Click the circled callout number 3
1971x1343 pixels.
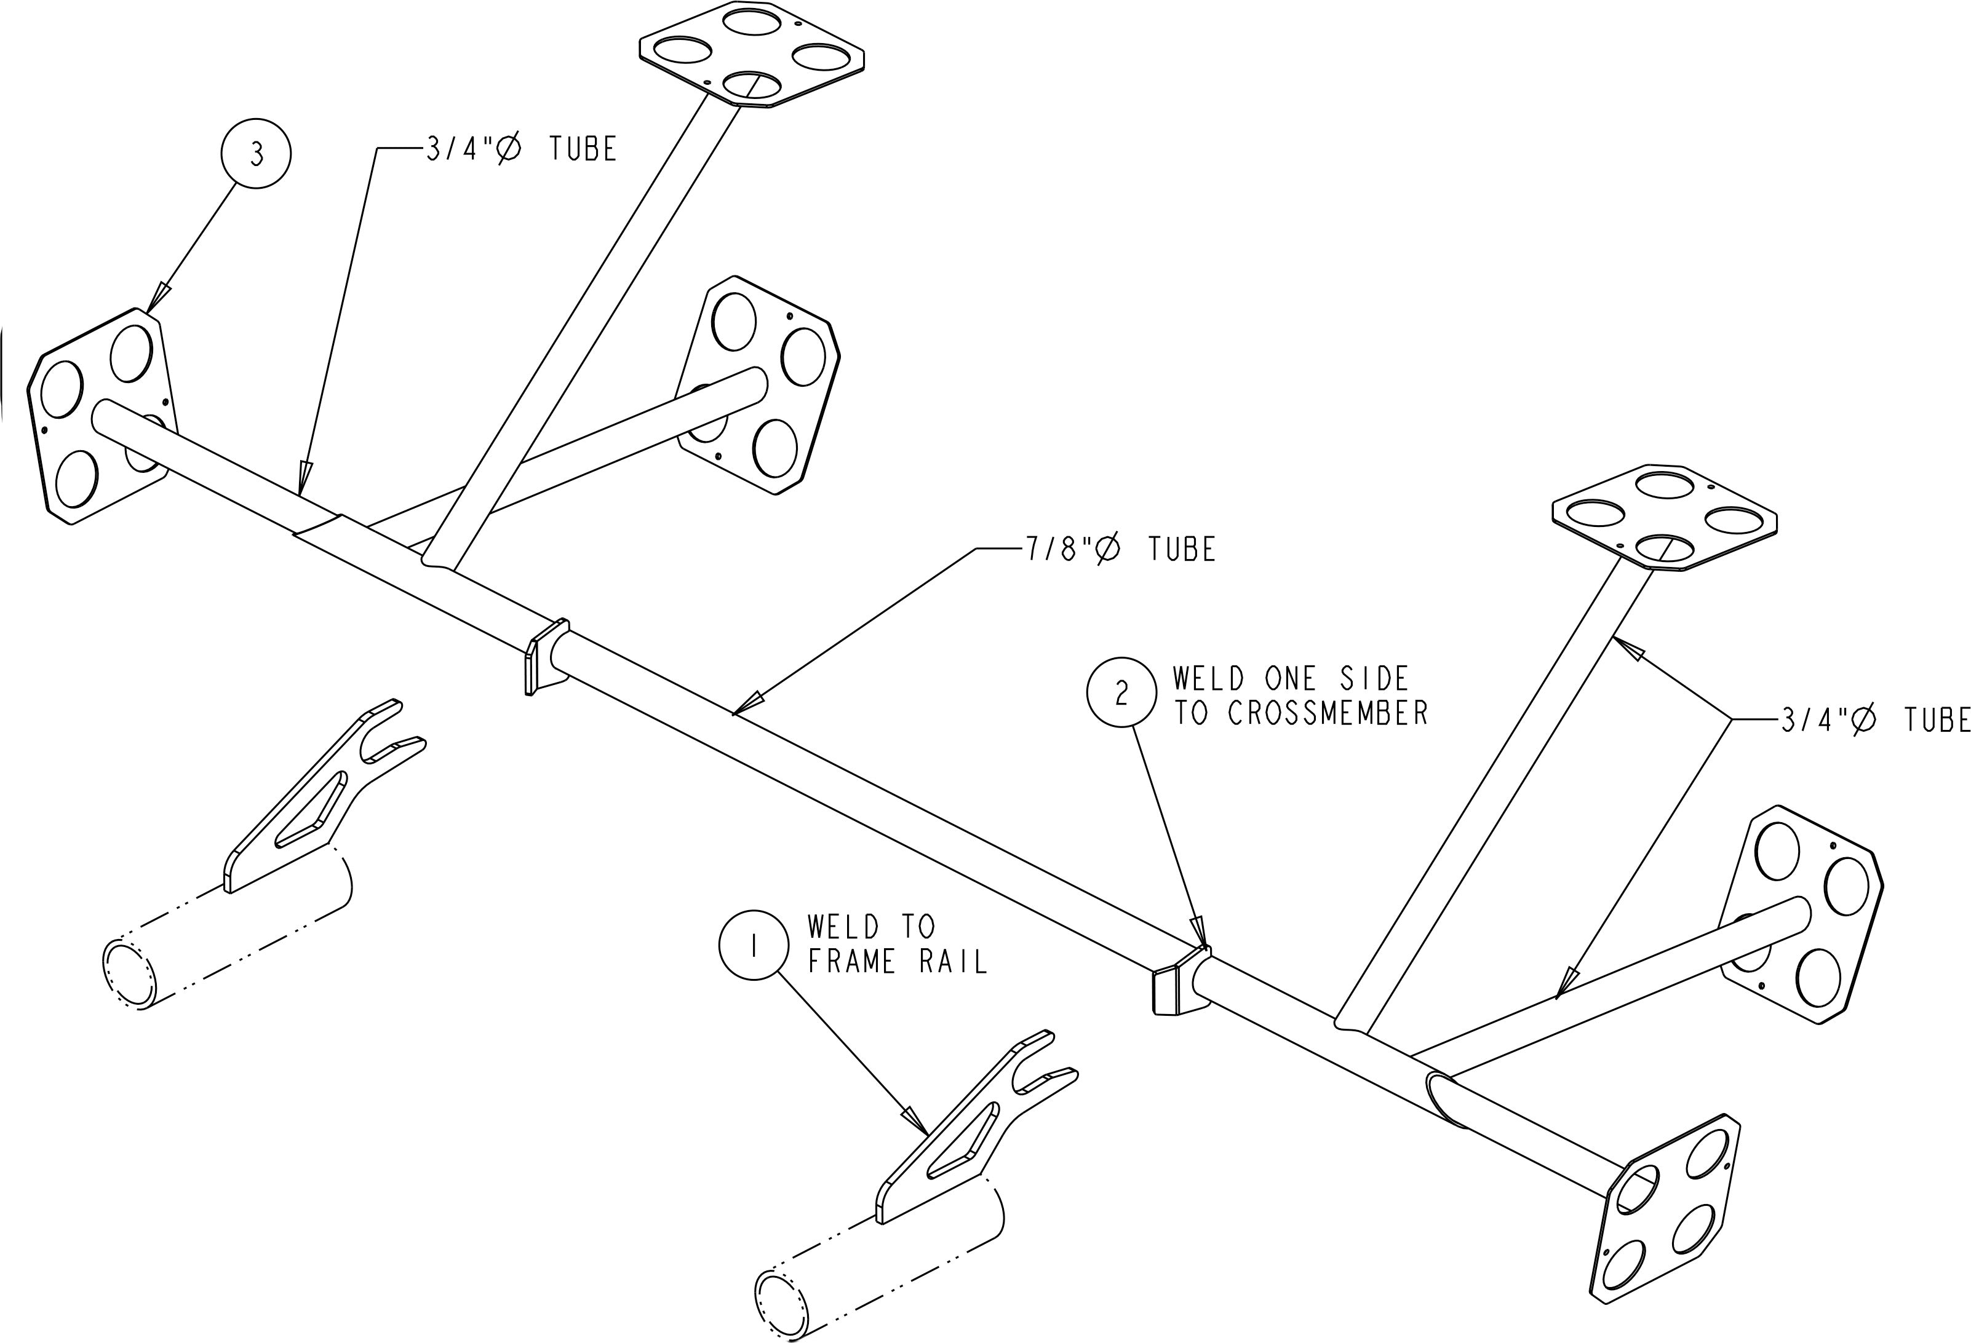point(256,154)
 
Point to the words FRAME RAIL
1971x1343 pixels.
point(898,962)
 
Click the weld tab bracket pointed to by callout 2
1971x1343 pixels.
point(1179,983)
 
